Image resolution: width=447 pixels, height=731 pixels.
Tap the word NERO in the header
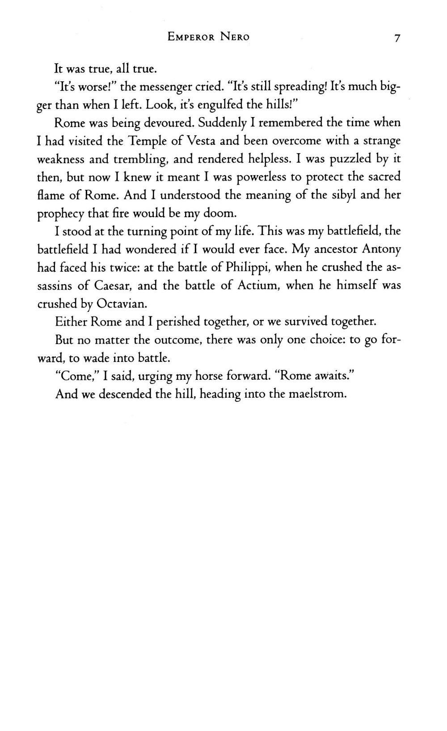[x=235, y=37]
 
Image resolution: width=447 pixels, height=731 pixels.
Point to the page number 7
[x=396, y=38]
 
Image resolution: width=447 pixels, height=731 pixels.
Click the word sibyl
[x=342, y=195]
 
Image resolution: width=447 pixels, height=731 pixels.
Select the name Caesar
[x=113, y=285]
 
